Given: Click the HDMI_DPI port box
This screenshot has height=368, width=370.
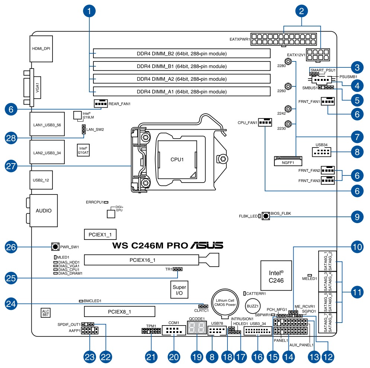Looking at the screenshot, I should pyautogui.click(x=41, y=48).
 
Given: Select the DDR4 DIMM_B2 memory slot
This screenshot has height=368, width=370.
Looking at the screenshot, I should pyautogui.click(x=182, y=54).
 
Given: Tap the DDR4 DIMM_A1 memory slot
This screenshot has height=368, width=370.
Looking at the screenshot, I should pyautogui.click(x=182, y=91).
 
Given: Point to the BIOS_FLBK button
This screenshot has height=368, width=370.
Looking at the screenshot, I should pyautogui.click(x=266, y=216).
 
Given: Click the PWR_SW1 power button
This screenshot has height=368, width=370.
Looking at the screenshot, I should pyautogui.click(x=55, y=247).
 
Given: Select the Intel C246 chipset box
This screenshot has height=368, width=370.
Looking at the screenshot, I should pyautogui.click(x=276, y=275).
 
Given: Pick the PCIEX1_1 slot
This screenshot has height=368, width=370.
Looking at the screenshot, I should pyautogui.click(x=100, y=234).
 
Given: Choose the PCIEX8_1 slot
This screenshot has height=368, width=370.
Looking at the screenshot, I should pyautogui.click(x=119, y=311).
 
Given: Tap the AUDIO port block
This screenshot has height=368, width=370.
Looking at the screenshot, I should pyautogui.click(x=44, y=210).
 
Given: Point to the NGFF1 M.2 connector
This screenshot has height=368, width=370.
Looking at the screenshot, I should pyautogui.click(x=288, y=161).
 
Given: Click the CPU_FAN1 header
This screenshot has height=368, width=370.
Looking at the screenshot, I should pyautogui.click(x=265, y=122).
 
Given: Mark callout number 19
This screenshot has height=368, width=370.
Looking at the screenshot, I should pyautogui.click(x=196, y=356).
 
